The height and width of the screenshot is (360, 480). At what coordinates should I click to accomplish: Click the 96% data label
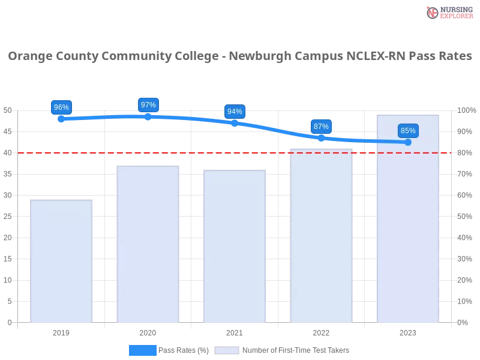point(61,107)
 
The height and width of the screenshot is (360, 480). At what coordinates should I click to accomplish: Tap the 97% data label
point(148,105)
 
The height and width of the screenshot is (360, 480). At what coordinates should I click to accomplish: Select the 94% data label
point(235,112)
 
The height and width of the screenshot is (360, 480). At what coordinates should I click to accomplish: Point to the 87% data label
point(321,127)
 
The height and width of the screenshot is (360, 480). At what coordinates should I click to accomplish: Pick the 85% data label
point(408,131)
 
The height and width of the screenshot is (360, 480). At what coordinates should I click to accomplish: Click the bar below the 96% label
point(62,261)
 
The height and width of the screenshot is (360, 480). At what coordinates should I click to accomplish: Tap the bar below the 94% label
point(235,247)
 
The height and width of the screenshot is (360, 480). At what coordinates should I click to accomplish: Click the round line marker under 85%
point(408,142)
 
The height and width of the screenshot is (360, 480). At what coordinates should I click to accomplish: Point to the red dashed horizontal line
point(180,152)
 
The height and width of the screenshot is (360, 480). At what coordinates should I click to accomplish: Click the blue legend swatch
point(142,350)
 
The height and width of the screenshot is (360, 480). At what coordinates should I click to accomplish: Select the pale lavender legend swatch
point(227,350)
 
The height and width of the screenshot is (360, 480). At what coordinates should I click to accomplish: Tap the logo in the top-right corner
point(448,13)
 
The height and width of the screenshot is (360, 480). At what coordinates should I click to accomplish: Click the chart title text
point(240,56)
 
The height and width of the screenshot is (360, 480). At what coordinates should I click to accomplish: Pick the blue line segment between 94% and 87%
point(278,129)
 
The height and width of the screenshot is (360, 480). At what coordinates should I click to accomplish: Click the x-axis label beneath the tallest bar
point(408,331)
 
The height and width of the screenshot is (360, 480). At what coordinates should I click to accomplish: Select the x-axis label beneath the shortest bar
point(62,331)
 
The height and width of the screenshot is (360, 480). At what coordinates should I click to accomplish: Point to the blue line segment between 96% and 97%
point(105,117)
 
